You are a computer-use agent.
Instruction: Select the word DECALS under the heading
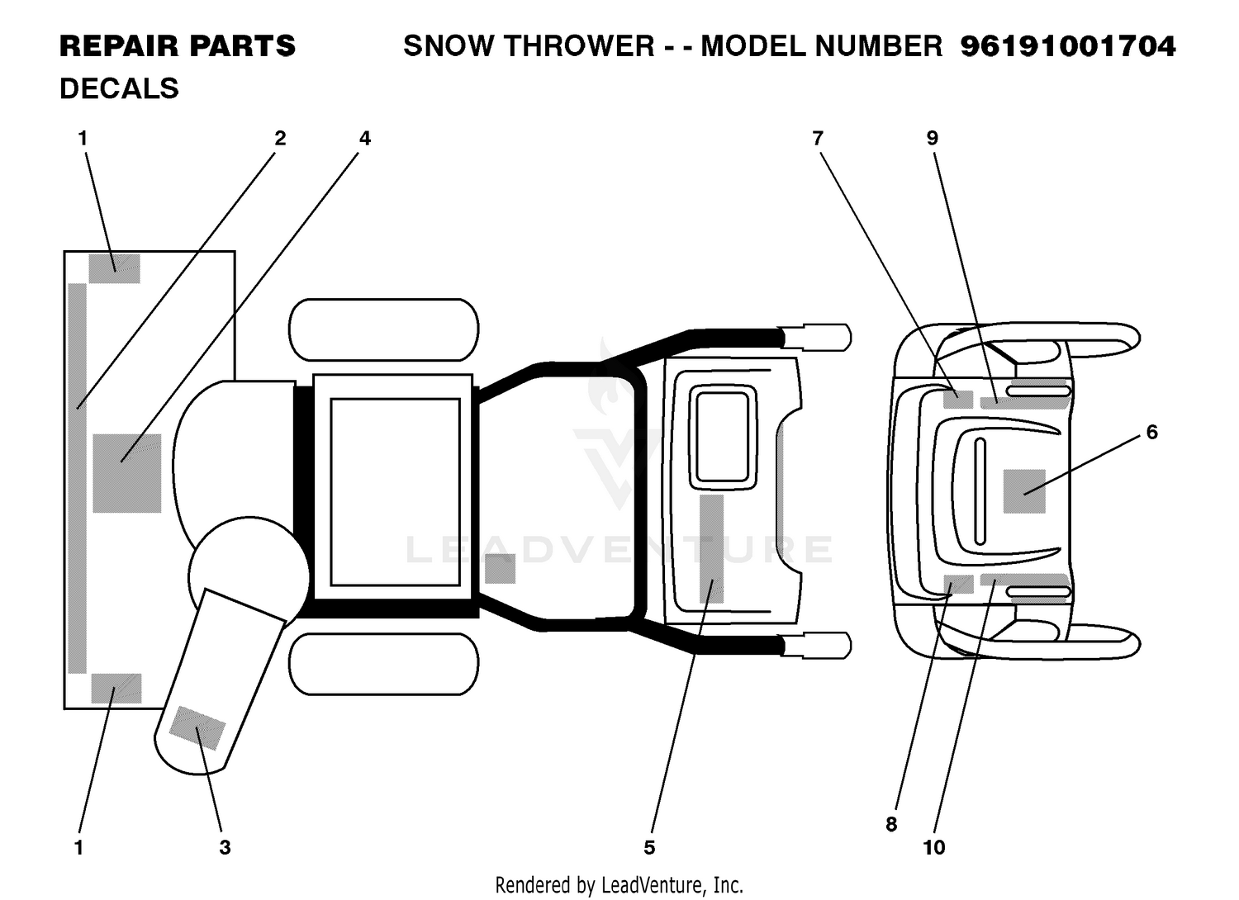tap(119, 88)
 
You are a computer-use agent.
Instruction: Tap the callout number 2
tap(280, 138)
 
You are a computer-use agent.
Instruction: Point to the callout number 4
tap(364, 138)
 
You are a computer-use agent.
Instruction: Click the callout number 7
tap(818, 138)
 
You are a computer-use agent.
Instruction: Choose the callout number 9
tap(932, 138)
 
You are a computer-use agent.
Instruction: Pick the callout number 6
tap(1151, 432)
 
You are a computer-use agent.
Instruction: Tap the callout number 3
tap(225, 847)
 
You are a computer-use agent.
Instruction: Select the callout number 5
tap(649, 847)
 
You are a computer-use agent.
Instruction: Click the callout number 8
tap(891, 824)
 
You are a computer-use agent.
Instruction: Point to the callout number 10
tap(934, 847)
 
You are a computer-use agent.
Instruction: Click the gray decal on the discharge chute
tap(197, 727)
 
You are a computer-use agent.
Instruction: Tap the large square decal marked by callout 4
tap(126, 473)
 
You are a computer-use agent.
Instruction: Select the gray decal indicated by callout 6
tap(1024, 491)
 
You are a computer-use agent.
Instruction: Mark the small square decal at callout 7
tap(958, 400)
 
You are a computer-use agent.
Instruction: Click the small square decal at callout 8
tap(958, 585)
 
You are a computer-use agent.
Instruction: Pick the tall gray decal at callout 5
tap(711, 549)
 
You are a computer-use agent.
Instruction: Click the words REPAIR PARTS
tap(178, 46)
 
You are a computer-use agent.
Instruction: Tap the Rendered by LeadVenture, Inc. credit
tap(619, 885)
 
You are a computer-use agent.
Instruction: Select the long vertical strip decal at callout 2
tap(78, 478)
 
